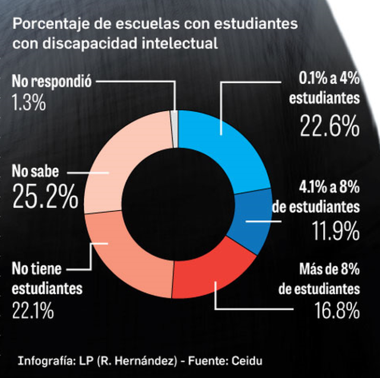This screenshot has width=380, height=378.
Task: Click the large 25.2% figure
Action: (45, 198)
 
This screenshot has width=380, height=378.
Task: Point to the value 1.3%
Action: (28, 103)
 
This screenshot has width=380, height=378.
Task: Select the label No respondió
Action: (51, 82)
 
